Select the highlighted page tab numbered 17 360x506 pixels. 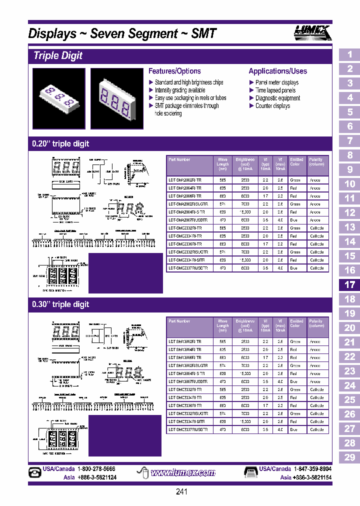pos(349,284)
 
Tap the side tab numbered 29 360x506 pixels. pos(349,457)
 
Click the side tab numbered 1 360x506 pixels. pos(349,54)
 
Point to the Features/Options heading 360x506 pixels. pos(174,71)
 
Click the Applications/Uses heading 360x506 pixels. pos(277,71)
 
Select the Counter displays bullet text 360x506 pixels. pos(273,106)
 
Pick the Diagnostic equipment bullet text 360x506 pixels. pos(277,98)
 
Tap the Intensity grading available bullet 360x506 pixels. pos(179,90)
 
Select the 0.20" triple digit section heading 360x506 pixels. pos(60,143)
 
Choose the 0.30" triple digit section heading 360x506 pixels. pos(60,304)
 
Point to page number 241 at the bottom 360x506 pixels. pos(182,492)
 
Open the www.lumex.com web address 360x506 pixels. pos(182,472)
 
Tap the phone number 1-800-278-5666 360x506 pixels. pos(96,469)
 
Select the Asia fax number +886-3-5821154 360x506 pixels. pos(311,477)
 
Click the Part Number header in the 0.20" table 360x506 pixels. pos(179,159)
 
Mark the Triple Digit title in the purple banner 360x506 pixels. pos(58,55)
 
